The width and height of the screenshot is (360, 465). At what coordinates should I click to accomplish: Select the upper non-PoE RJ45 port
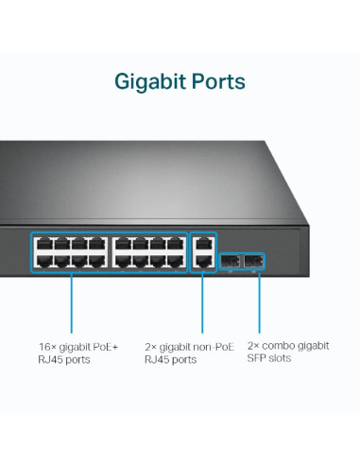click(202, 242)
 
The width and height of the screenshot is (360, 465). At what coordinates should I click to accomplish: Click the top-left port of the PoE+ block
click(43, 243)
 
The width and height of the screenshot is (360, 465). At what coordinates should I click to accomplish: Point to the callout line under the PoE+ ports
click(71, 302)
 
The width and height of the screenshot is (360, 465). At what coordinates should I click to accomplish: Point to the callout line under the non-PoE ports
click(202, 302)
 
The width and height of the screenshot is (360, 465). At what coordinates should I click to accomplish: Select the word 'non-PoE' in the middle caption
click(209, 347)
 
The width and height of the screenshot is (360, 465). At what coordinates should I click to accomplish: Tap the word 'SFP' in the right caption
click(257, 359)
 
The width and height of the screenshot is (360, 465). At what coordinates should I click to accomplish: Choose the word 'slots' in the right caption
click(281, 359)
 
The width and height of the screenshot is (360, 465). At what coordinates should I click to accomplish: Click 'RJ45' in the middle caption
click(157, 360)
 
